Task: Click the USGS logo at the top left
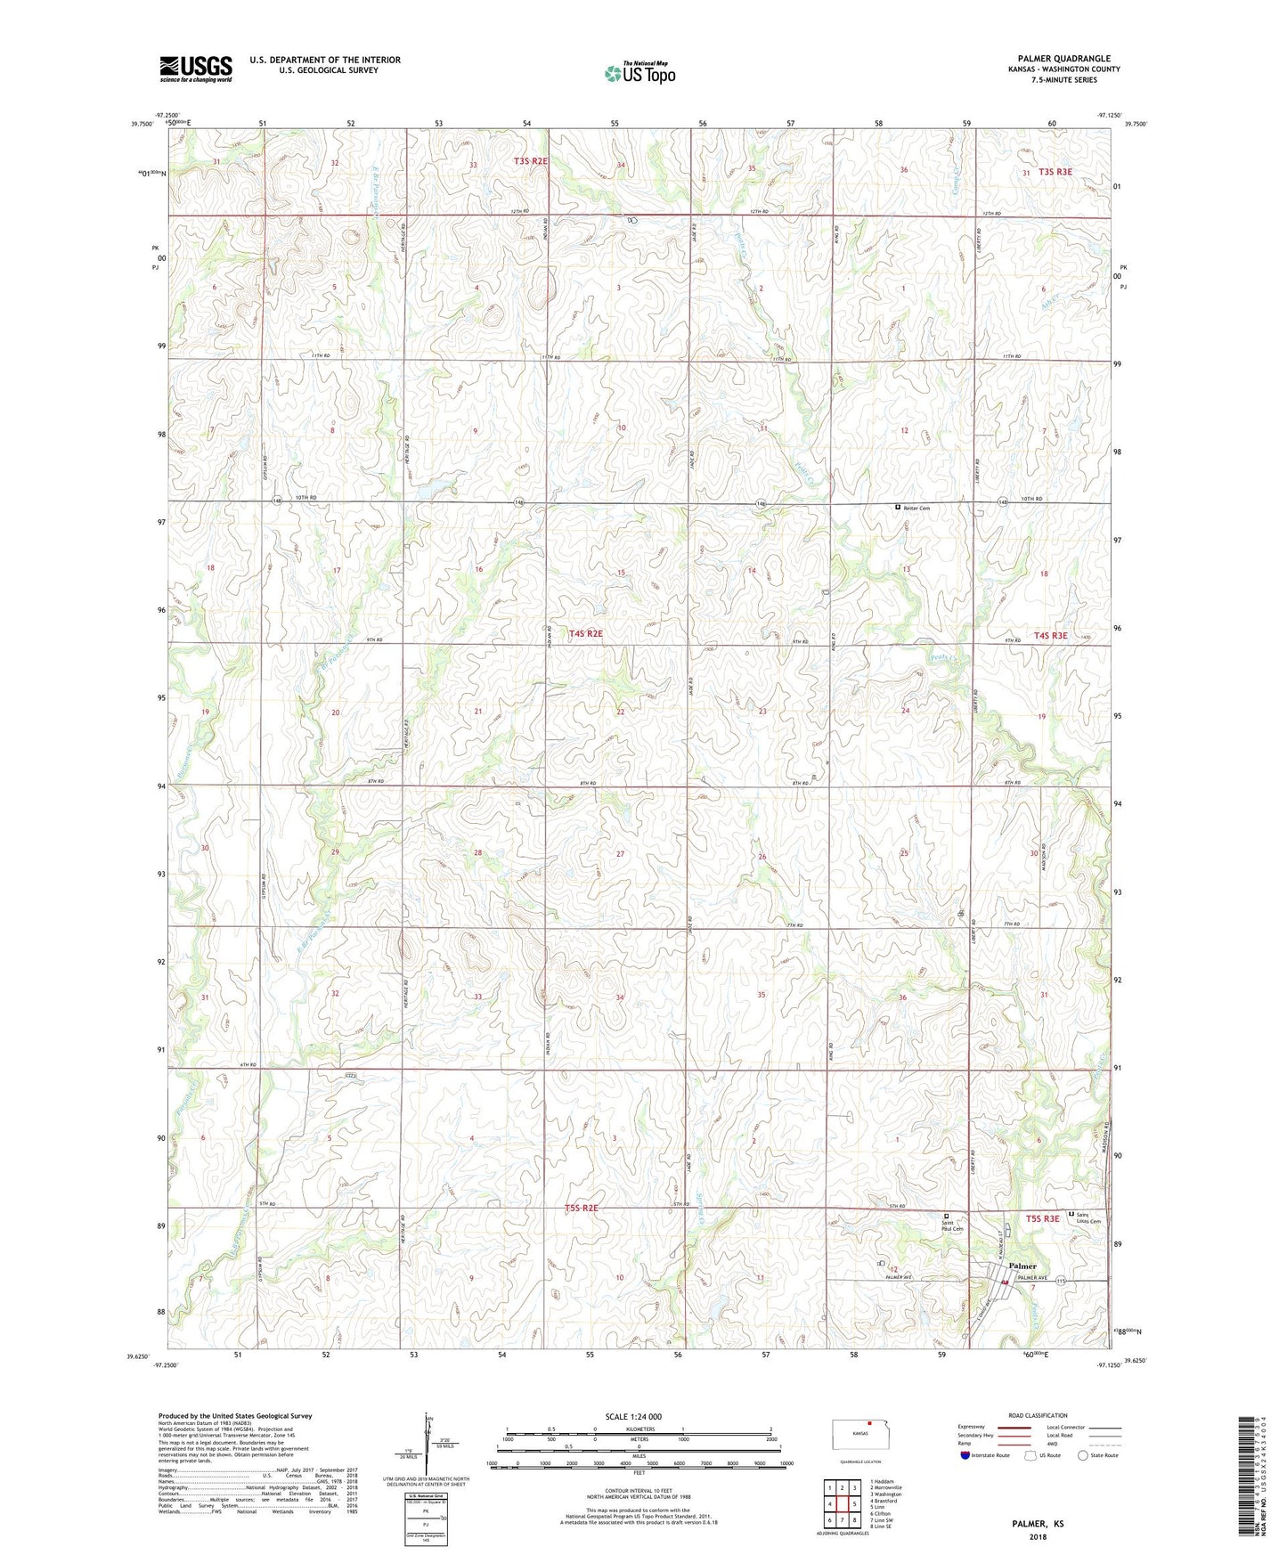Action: tap(196, 68)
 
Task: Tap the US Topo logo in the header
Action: tap(639, 73)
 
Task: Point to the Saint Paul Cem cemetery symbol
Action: tap(947, 1216)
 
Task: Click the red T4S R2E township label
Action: tap(579, 633)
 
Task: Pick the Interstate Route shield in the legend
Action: tap(966, 1456)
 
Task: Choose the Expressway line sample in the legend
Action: tap(1014, 1427)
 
